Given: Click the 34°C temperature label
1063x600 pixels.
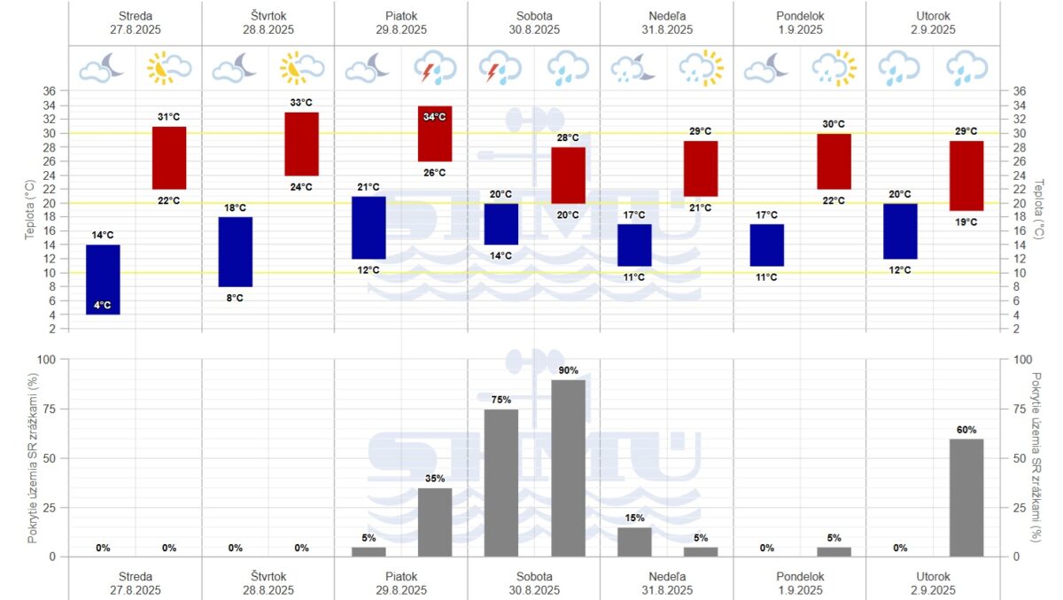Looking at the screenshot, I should click(x=435, y=117).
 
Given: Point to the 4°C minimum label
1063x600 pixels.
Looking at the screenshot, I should click(x=103, y=306).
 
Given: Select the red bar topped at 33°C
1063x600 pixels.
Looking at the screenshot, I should click(x=301, y=144).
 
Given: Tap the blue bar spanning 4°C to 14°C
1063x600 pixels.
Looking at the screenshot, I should click(x=103, y=279).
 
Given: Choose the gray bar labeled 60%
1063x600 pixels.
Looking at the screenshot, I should click(x=966, y=497).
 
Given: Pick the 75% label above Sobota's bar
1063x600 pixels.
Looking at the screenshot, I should click(x=501, y=400).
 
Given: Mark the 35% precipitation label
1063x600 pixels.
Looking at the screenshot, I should click(x=435, y=479).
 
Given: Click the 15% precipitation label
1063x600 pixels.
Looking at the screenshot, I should click(x=634, y=518).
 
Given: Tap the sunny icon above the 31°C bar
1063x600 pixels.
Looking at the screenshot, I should click(x=169, y=68).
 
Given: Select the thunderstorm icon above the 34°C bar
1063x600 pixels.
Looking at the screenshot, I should click(x=435, y=68).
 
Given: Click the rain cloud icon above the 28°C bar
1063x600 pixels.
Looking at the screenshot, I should click(x=568, y=68).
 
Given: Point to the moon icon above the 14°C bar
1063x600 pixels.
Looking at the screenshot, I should click(x=103, y=68).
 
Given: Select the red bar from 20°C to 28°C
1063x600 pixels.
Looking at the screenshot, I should click(x=568, y=175).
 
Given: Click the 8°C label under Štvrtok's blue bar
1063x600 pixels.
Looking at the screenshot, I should click(x=236, y=298).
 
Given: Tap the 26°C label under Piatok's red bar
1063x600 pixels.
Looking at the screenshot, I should click(x=435, y=173).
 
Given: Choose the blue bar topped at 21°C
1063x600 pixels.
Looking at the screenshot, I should click(x=369, y=228).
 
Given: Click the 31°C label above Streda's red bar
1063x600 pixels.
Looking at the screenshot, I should click(x=169, y=117).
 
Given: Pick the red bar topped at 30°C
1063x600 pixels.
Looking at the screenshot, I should click(x=834, y=161).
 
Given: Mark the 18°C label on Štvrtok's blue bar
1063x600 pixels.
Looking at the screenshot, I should click(x=236, y=207).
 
